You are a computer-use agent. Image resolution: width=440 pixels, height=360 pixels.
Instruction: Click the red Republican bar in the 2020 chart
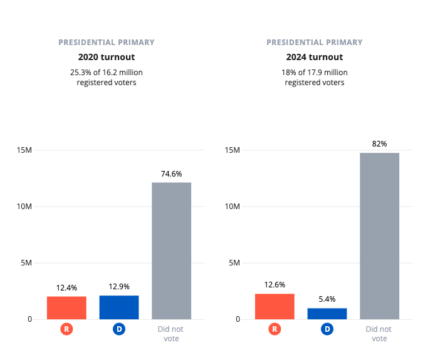[66, 307]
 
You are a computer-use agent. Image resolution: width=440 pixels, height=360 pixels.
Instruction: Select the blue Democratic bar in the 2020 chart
[119, 307]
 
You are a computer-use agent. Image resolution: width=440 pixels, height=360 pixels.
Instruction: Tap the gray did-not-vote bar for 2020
[171, 250]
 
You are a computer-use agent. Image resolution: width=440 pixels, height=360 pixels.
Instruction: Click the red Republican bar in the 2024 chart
[275, 306]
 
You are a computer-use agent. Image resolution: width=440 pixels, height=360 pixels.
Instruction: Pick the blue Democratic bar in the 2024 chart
[327, 313]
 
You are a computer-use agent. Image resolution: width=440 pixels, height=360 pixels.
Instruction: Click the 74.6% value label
[171, 174]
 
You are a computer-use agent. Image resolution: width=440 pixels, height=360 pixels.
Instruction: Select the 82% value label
[379, 144]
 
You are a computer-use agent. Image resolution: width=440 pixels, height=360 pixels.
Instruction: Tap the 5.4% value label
[327, 299]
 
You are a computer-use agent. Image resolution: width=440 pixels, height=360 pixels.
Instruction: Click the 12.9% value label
[119, 287]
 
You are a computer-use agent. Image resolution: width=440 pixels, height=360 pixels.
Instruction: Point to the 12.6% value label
[275, 285]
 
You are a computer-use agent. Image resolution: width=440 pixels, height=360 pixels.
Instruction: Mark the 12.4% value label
[66, 288]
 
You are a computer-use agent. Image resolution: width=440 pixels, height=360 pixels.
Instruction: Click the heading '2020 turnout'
[107, 57]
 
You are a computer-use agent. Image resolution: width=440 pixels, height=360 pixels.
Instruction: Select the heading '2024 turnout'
[315, 57]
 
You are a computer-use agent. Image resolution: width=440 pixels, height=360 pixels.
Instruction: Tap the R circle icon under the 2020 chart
[66, 329]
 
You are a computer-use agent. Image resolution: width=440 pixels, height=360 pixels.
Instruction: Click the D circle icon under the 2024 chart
[327, 329]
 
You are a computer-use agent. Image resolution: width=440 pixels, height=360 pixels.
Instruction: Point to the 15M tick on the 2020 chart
[25, 150]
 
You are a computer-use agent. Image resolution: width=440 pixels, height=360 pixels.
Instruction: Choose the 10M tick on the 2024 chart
[233, 207]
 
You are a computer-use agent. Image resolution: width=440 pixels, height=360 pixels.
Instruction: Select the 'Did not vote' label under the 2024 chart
[379, 334]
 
